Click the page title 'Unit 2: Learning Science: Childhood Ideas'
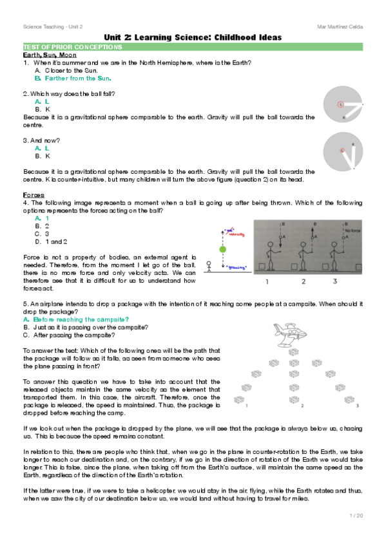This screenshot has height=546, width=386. [192, 38]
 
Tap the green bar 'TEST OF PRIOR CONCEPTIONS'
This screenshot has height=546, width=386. [52, 48]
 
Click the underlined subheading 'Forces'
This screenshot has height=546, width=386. [34, 194]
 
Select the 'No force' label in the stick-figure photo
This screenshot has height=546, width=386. [351, 230]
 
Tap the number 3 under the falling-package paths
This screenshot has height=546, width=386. [358, 406]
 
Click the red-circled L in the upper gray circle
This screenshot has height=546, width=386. [341, 104]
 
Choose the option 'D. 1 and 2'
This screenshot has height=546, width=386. [53, 241]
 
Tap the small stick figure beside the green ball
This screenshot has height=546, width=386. [209, 266]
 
